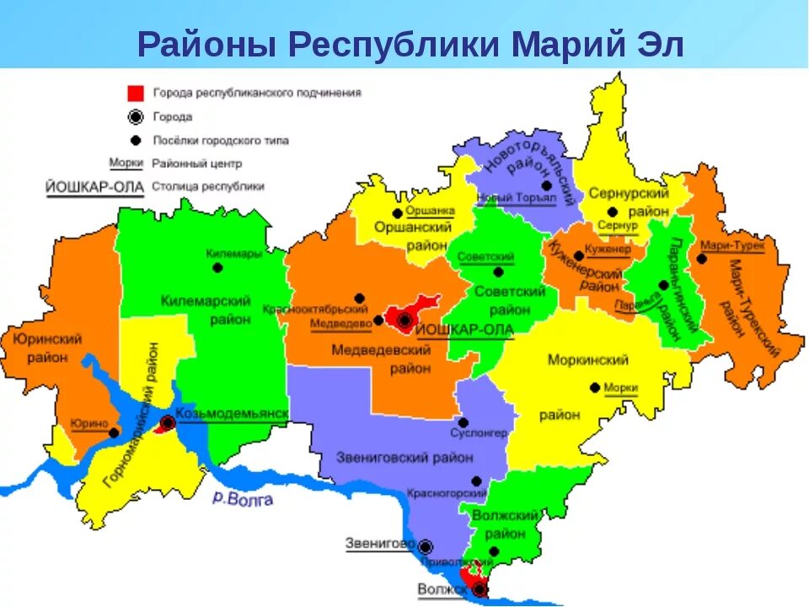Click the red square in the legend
point(136,94)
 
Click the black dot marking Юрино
point(114,432)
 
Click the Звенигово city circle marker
point(426,546)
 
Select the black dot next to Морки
point(595,387)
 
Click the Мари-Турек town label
point(732,246)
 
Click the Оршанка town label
point(430,211)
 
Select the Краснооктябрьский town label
point(312,309)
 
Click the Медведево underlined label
point(340,323)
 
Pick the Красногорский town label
point(446,492)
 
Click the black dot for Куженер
point(578,255)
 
